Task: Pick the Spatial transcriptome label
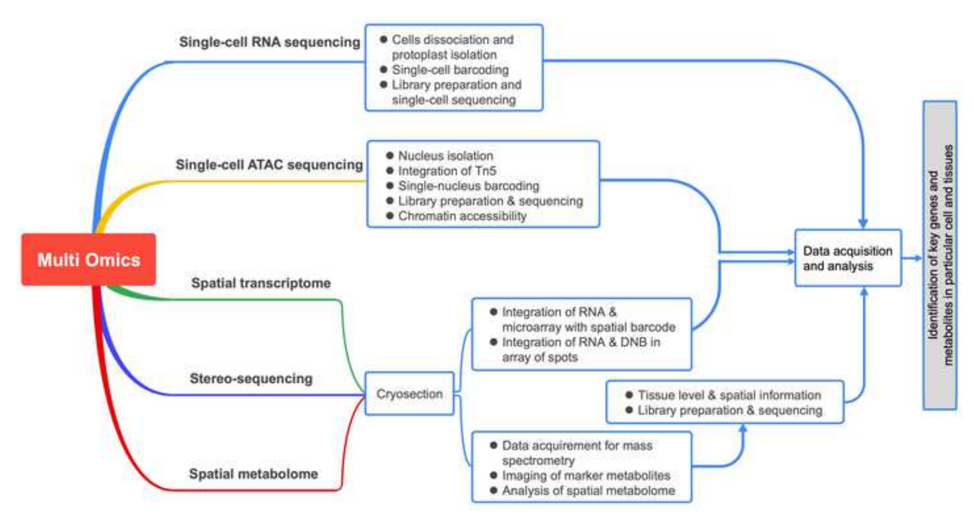(x=261, y=283)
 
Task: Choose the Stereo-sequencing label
(x=251, y=378)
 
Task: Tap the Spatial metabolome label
(x=253, y=473)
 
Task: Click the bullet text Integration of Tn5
(x=447, y=171)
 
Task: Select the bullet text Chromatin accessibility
(x=462, y=216)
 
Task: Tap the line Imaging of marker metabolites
(x=586, y=475)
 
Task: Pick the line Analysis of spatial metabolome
(x=588, y=491)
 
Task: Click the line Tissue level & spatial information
(x=729, y=395)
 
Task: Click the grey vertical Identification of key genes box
(x=940, y=255)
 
